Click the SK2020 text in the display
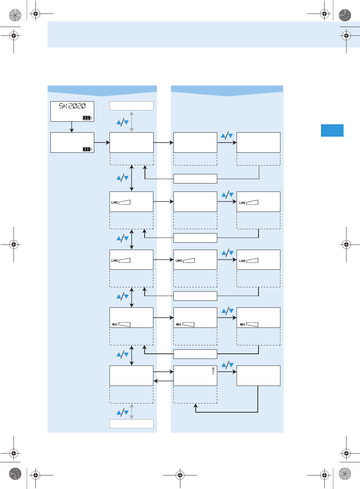(72, 106)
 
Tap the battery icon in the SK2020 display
(87, 118)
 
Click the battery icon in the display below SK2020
(87, 149)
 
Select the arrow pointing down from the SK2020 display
(72, 127)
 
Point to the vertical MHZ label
(213, 371)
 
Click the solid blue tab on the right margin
(332, 130)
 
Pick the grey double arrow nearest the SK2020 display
(132, 121)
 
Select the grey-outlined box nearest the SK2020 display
(131, 106)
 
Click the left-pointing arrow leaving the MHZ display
(163, 381)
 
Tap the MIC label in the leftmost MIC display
(115, 325)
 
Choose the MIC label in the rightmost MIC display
(242, 325)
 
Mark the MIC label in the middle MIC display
(179, 325)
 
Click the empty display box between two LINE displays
(195, 202)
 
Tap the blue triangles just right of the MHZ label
(227, 365)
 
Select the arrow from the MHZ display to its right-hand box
(227, 372)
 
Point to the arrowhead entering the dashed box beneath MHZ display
(195, 405)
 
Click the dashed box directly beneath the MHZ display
(195, 395)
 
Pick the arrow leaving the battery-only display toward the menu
(102, 143)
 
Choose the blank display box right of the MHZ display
(258, 376)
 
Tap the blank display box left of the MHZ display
(131, 376)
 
